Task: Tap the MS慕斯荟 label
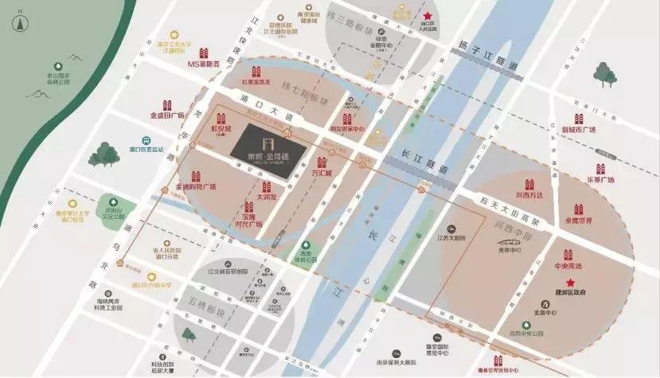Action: point(202,63)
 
